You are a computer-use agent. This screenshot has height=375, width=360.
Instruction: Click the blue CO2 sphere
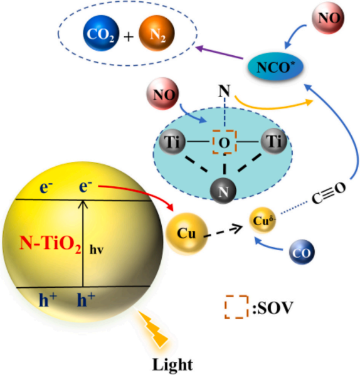pos(101,33)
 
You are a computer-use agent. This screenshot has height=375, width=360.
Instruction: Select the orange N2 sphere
pos(157,33)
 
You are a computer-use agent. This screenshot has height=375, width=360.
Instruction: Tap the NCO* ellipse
pos(275,66)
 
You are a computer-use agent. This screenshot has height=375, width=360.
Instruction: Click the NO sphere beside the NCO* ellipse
pos(328,18)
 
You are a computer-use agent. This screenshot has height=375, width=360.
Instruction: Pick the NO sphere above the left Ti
pos(163,93)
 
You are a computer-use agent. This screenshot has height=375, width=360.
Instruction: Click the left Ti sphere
pos(172,141)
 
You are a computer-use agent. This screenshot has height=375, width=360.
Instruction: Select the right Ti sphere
pos(274,140)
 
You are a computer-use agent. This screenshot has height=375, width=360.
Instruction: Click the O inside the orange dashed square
pos(225,143)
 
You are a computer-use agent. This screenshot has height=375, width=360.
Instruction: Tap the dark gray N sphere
pos(223,191)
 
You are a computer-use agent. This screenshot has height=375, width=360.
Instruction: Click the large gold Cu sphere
pos(187,234)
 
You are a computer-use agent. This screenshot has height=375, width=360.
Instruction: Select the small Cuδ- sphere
pos(263,220)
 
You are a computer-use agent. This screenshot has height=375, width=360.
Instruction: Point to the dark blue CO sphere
pos(302,252)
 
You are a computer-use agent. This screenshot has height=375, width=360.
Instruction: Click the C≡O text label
pos(329,193)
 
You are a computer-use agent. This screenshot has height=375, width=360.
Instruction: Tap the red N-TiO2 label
pos(50,244)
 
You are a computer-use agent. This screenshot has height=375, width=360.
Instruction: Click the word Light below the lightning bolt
pos(172,364)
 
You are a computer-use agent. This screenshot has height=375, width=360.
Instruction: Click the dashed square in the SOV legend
pos(236,307)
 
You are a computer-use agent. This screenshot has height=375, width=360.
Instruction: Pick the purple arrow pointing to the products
pos(220,53)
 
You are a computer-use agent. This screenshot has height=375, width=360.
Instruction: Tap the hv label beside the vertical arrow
pos(97,250)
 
